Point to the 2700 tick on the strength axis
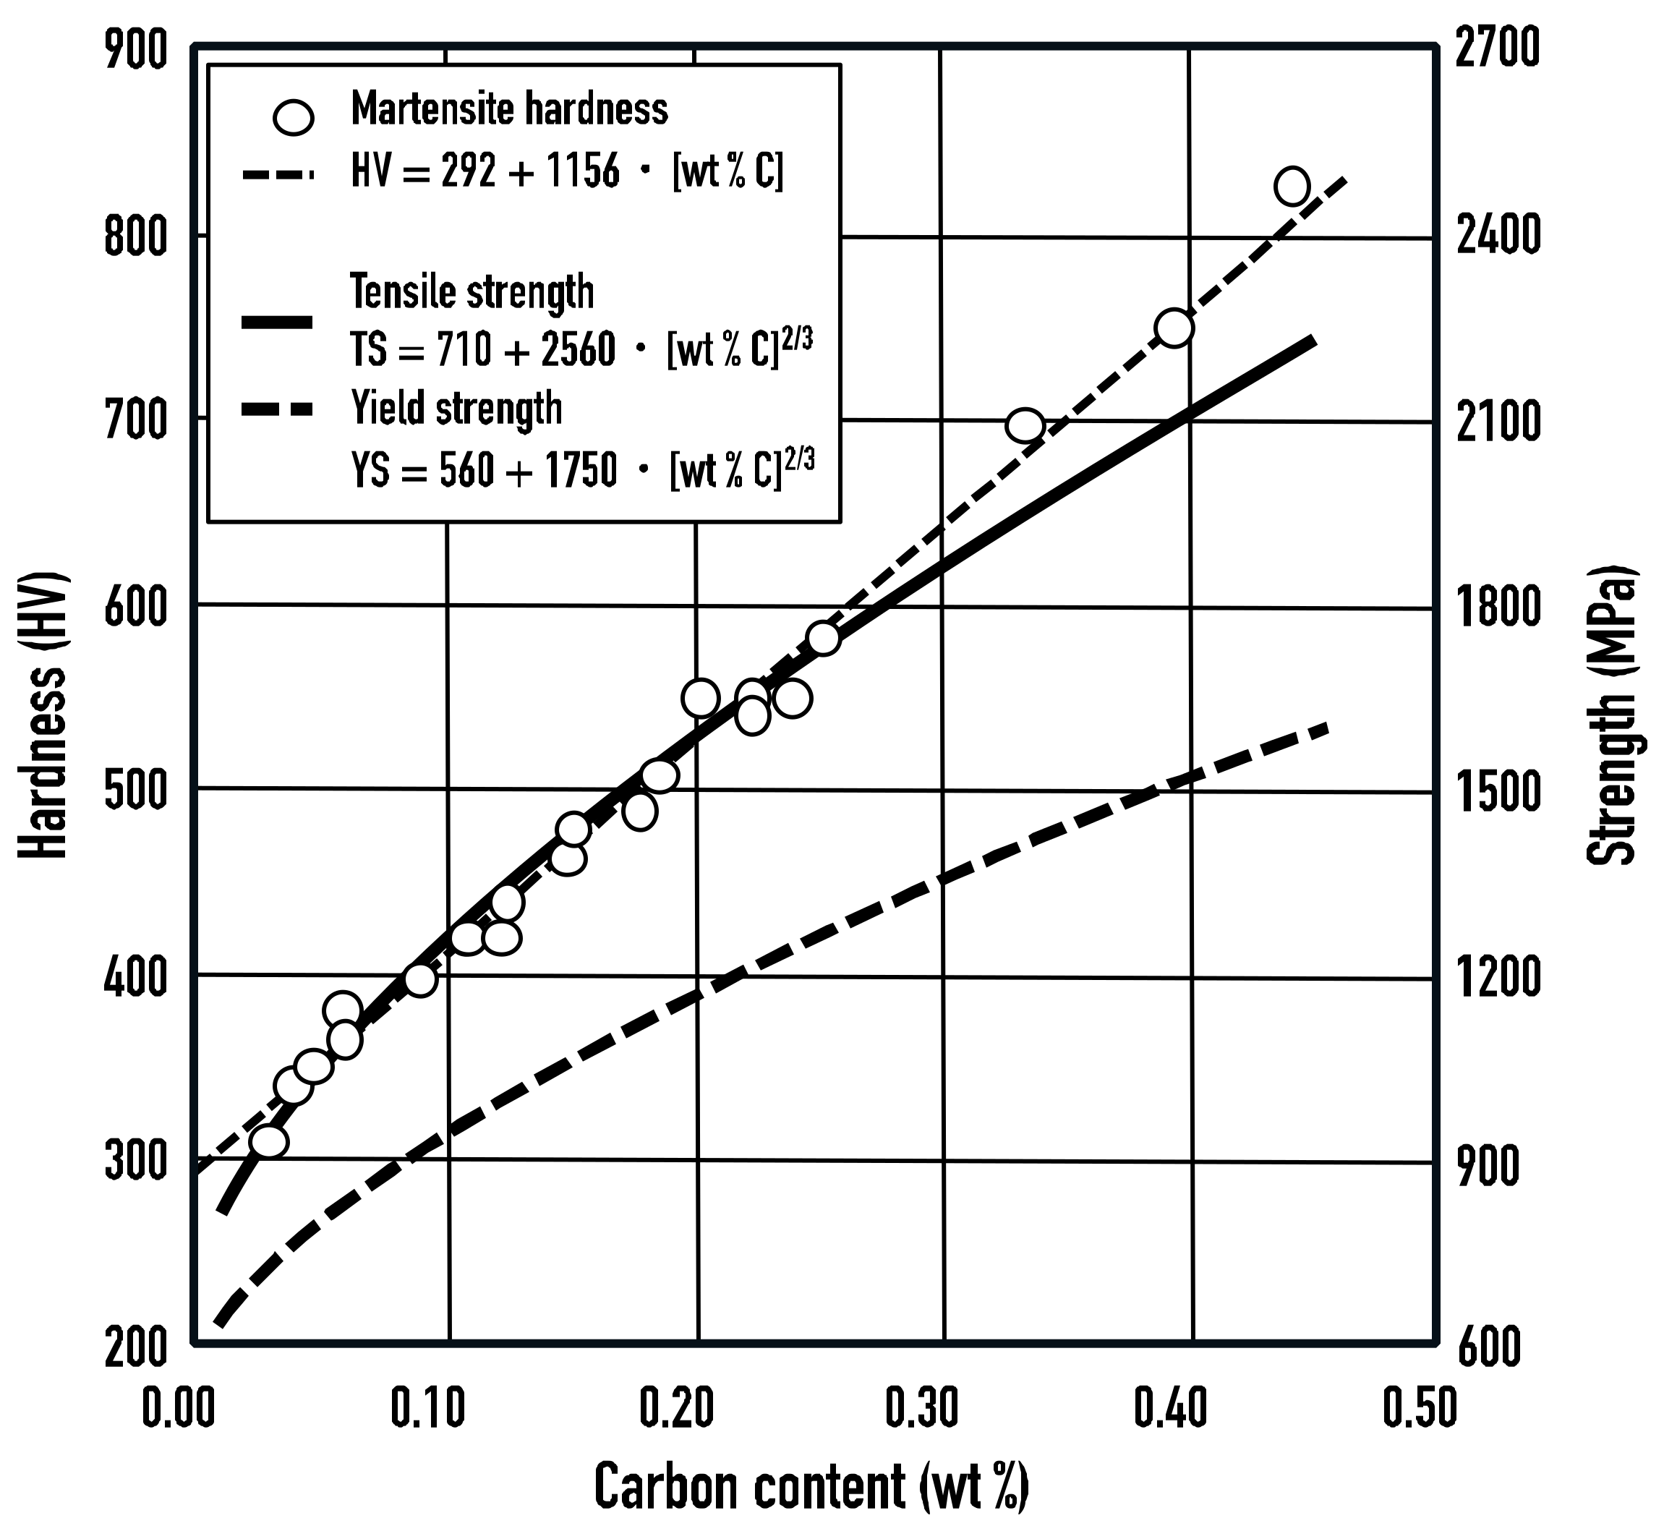click(1497, 50)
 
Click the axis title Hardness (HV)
click(43, 714)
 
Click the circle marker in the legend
click(294, 117)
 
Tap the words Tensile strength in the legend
click(472, 292)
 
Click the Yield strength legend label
click(456, 409)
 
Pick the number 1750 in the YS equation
click(579, 472)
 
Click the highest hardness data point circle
click(1292, 186)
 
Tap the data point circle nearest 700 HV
click(1025, 426)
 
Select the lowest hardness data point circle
click(269, 1141)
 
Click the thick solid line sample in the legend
click(277, 322)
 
